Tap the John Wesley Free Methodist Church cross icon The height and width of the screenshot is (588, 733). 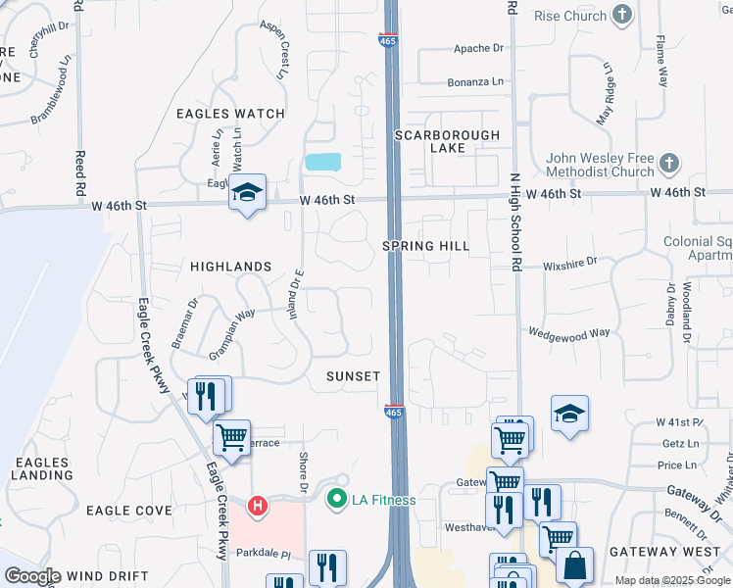coord(669,162)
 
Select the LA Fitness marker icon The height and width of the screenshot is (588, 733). coord(337,500)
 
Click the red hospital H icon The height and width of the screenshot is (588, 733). coord(257,506)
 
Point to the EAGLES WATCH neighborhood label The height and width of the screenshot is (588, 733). coord(230,114)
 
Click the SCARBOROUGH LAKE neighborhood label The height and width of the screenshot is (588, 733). coord(447,141)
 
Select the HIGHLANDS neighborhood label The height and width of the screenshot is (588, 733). coord(230,267)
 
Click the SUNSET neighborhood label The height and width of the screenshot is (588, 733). coord(353,376)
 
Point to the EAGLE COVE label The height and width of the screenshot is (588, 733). coord(128,511)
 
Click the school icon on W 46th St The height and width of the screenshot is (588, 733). coord(248,191)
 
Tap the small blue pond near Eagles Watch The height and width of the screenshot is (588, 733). coord(322,162)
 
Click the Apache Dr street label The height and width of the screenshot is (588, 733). coord(478,48)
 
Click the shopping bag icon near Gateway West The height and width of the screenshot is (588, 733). coord(576,564)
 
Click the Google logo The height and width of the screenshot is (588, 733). coord(31,576)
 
